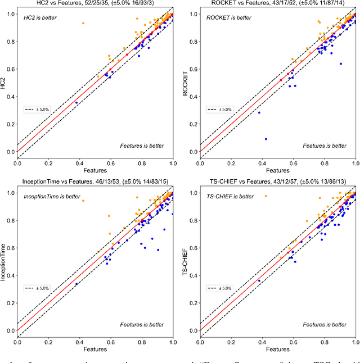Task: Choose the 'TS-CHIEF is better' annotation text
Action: click(231, 197)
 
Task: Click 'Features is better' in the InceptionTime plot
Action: click(142, 324)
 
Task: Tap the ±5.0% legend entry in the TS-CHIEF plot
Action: click(220, 288)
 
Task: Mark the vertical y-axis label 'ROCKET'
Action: click(187, 83)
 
